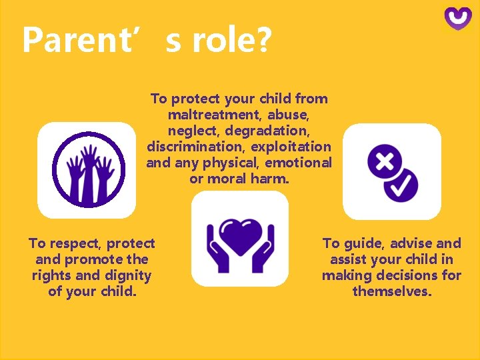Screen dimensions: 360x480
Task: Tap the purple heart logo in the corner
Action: (x=458, y=18)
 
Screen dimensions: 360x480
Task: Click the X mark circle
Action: (x=383, y=159)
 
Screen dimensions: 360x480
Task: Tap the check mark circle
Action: (x=403, y=185)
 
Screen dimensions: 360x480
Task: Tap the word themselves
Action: (x=391, y=291)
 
